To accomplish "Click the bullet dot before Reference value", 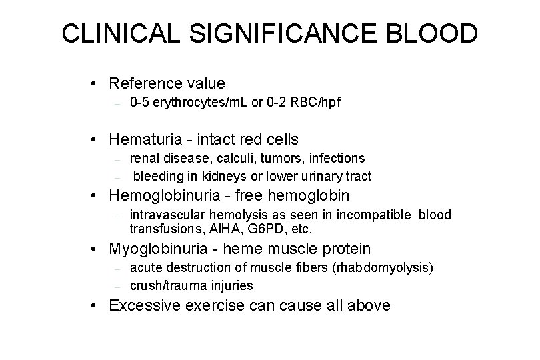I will click(97, 84).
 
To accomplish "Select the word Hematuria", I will click(141, 139).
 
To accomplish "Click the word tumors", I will click(283, 158).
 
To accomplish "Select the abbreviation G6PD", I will click(250, 229).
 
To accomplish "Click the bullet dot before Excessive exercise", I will click(97, 306).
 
